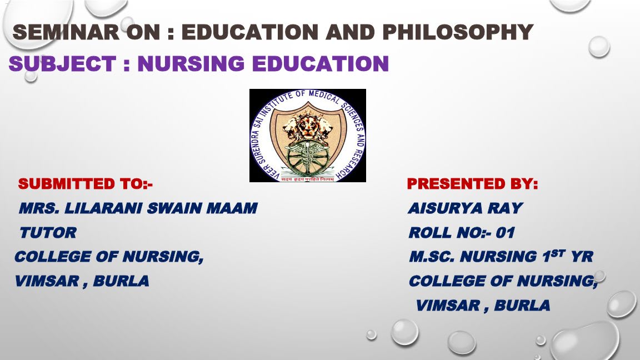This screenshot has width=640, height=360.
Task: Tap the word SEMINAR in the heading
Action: point(66,32)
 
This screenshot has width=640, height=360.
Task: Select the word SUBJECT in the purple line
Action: point(62,64)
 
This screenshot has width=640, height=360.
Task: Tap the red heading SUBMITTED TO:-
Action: point(86,184)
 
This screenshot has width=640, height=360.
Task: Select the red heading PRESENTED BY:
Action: point(473,184)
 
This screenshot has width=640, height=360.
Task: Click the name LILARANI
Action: point(104,208)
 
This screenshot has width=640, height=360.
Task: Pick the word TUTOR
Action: point(48,233)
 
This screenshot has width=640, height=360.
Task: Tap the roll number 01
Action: point(506,233)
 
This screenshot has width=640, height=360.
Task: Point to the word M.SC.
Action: point(432,257)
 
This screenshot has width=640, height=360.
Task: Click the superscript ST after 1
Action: point(558,253)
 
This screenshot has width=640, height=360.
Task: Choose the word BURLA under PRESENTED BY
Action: point(522,306)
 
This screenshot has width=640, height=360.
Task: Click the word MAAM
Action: point(232,208)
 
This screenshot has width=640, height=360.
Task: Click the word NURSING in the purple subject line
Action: point(191,64)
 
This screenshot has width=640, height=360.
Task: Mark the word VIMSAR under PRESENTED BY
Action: point(448,306)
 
